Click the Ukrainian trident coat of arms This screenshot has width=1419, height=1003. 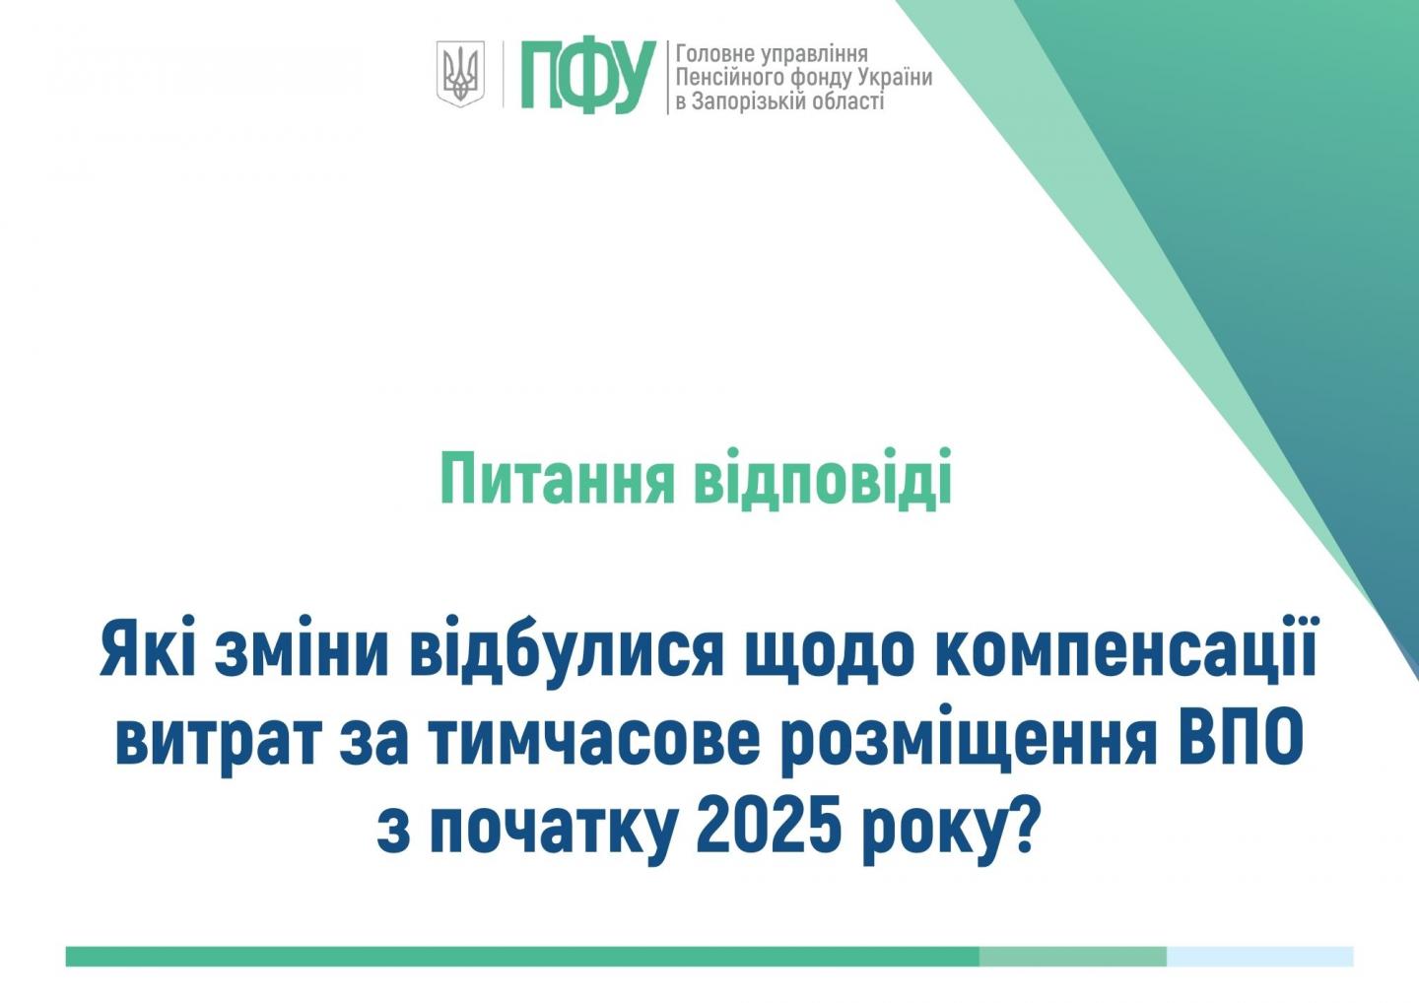tap(460, 74)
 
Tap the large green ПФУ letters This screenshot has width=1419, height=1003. tap(588, 77)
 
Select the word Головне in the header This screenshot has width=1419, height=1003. tap(715, 54)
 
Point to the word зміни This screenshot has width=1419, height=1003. tap(301, 650)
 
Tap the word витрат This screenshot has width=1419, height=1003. tap(217, 738)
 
